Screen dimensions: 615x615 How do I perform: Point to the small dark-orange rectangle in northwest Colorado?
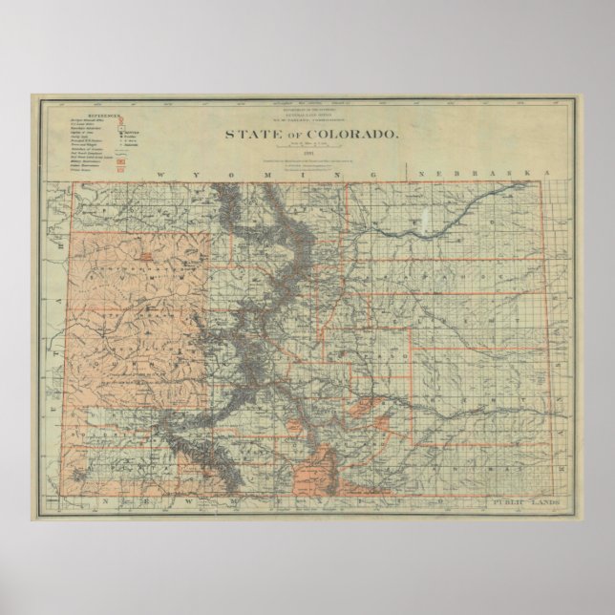(145, 257)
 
